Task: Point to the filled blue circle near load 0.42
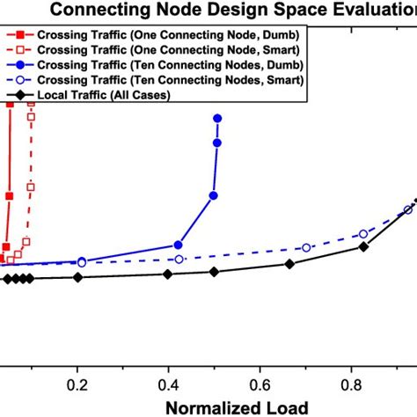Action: click(178, 245)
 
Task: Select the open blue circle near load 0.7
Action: click(306, 248)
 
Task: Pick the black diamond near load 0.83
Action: click(362, 247)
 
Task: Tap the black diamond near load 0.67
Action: click(289, 264)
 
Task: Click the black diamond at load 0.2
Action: click(77, 277)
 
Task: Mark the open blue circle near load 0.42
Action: click(179, 260)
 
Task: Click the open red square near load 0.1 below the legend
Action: click(31, 187)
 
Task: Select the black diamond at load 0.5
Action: click(214, 272)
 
